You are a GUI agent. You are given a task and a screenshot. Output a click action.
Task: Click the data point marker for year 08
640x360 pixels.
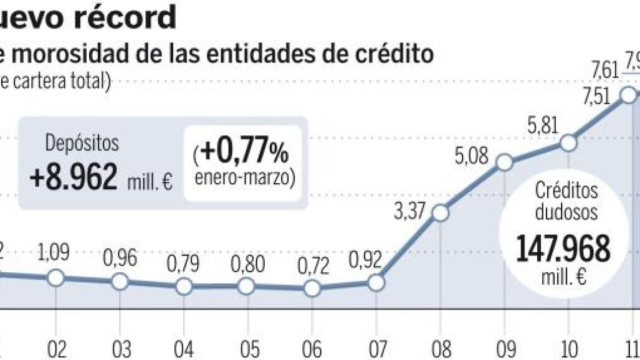(440, 214)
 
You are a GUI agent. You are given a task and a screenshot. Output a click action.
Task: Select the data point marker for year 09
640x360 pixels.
(504, 163)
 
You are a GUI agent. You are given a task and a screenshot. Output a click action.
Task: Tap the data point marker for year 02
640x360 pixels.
(56, 278)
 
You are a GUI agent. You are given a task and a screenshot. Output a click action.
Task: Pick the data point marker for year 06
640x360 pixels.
(312, 288)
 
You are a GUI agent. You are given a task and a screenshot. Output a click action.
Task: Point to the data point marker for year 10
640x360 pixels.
(568, 143)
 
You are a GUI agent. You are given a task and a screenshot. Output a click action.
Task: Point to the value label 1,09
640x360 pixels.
(55, 253)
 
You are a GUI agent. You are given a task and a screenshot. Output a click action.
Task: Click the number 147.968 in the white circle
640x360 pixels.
(563, 250)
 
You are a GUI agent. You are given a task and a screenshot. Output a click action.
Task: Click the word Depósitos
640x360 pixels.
(81, 143)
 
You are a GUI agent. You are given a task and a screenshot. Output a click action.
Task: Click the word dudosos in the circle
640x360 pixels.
(567, 213)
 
